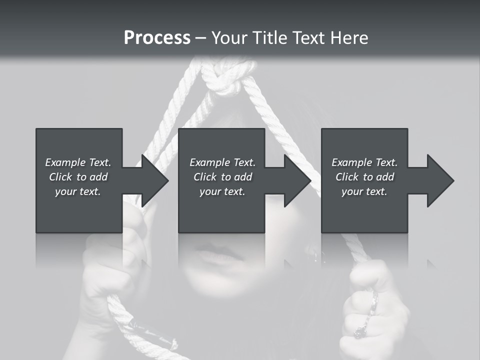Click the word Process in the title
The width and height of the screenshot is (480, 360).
click(x=157, y=38)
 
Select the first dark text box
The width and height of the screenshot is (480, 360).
click(x=78, y=210)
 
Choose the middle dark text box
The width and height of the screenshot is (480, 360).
click(x=221, y=210)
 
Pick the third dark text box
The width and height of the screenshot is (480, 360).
click(x=364, y=210)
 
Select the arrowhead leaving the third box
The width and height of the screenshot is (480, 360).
click(x=439, y=181)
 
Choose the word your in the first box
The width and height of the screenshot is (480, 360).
click(x=65, y=191)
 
